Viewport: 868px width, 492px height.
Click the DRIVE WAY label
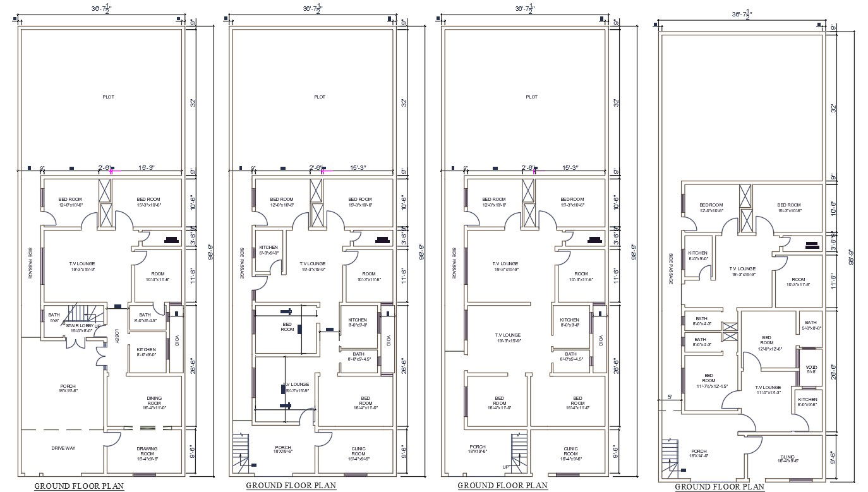[63, 448]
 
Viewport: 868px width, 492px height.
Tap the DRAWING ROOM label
[147, 451]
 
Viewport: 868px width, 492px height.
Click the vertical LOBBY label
[117, 335]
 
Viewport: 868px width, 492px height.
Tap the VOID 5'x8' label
[811, 369]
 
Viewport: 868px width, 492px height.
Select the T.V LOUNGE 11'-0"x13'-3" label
[768, 390]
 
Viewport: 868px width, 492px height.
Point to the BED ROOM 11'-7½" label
[708, 381]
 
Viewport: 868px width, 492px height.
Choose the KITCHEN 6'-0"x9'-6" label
[807, 402]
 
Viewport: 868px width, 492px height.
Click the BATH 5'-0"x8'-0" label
[811, 325]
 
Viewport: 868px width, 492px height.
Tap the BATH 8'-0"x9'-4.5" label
[145, 318]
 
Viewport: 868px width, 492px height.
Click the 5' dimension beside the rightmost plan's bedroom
[670, 397]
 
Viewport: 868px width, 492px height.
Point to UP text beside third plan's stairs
[506, 467]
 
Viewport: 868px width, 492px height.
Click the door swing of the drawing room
[114, 440]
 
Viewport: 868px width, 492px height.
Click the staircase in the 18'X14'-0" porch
[670, 455]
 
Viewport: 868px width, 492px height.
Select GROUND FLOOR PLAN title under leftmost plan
[79, 486]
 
